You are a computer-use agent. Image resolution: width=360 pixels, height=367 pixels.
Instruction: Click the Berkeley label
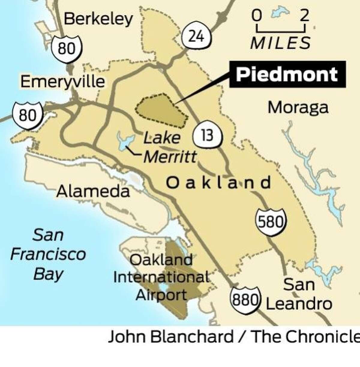(x=98, y=19)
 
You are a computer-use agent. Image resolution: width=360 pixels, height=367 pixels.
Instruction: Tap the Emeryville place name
(x=63, y=82)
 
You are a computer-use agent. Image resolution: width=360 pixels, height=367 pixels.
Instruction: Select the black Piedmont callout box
(x=287, y=74)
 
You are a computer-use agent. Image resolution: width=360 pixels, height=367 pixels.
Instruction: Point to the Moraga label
(x=298, y=108)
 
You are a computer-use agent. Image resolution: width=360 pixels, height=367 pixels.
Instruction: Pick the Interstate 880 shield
(x=245, y=299)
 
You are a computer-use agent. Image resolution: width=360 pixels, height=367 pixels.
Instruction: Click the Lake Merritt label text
(x=169, y=147)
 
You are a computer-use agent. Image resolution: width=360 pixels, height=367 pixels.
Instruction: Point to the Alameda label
(x=93, y=191)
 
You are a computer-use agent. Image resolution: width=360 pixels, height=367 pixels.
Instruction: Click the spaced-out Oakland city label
(x=218, y=183)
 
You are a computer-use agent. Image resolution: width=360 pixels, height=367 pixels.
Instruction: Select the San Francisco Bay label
(x=48, y=254)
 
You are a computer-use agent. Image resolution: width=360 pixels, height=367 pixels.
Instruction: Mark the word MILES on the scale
(x=280, y=43)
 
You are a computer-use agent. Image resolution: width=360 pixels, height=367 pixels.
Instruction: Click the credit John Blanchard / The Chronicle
(x=234, y=337)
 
